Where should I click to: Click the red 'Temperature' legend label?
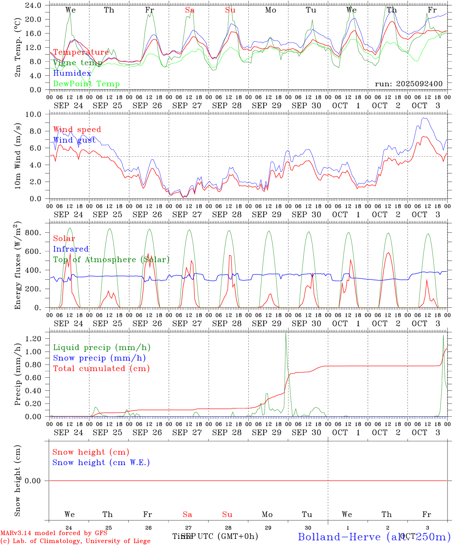(x=81, y=52)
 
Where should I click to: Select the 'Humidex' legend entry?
(x=72, y=73)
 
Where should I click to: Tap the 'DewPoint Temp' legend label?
(x=86, y=84)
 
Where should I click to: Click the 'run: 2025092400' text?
(x=408, y=84)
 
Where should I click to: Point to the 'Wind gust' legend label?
(x=74, y=140)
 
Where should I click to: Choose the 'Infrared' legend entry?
(x=71, y=249)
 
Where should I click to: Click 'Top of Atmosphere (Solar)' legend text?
(x=111, y=260)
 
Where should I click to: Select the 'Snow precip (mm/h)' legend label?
(x=100, y=358)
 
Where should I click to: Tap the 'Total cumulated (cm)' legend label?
(x=101, y=368)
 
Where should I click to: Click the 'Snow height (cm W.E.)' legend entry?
(x=101, y=462)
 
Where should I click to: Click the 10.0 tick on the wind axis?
(x=36, y=114)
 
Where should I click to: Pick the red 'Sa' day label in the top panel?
(x=190, y=10)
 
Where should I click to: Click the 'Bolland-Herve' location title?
(x=339, y=536)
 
